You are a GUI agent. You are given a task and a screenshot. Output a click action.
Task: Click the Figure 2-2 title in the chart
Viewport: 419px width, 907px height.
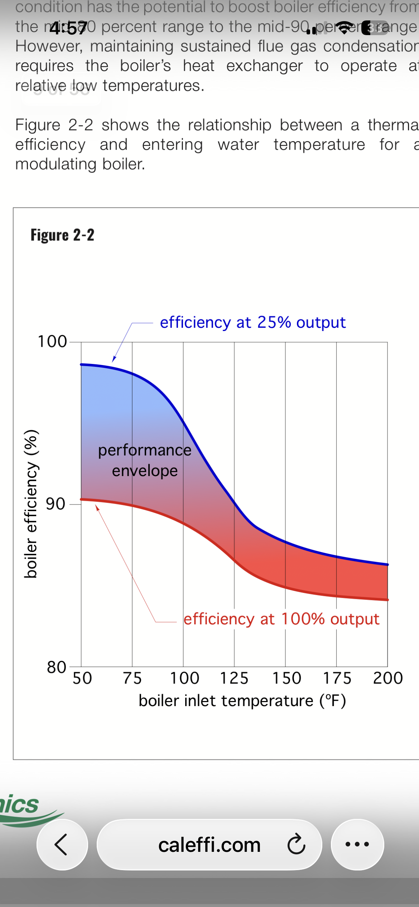pos(62,235)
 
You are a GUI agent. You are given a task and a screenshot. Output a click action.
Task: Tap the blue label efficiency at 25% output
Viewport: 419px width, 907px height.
pos(252,322)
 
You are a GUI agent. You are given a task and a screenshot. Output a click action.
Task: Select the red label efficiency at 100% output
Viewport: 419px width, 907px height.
pos(281,619)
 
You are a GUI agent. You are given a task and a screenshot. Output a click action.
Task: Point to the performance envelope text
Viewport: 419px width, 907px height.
pos(145,460)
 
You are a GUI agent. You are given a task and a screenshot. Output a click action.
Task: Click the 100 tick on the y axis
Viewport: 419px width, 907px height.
pos(52,341)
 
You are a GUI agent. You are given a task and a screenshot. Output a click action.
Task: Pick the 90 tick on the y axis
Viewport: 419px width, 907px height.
pos(55,504)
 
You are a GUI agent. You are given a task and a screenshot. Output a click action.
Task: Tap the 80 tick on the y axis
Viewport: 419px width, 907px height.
pos(56,667)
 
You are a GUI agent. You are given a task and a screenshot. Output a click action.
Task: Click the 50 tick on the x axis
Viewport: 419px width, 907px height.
pos(82,678)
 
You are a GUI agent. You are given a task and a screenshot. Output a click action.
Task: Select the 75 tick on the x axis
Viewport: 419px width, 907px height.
pos(132,678)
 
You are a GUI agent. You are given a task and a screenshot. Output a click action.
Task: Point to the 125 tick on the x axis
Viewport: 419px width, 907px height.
pos(234,678)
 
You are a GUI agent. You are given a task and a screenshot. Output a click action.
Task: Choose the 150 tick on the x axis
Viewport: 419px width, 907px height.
pos(286,678)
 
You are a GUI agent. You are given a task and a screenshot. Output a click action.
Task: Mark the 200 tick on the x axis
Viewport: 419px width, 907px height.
pos(388,678)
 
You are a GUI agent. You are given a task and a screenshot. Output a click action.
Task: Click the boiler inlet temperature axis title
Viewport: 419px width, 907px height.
pos(242,701)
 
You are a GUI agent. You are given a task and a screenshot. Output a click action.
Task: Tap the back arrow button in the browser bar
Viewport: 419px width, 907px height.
pos(62,844)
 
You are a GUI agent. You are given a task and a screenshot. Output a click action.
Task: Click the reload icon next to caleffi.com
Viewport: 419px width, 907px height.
pos(296,844)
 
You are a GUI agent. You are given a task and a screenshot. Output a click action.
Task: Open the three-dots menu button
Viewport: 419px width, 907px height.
pos(357,844)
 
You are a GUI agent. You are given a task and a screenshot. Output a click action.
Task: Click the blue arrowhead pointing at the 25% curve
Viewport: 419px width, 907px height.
pos(114,359)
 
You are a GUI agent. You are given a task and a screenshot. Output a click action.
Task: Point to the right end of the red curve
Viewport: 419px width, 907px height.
pos(387,599)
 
